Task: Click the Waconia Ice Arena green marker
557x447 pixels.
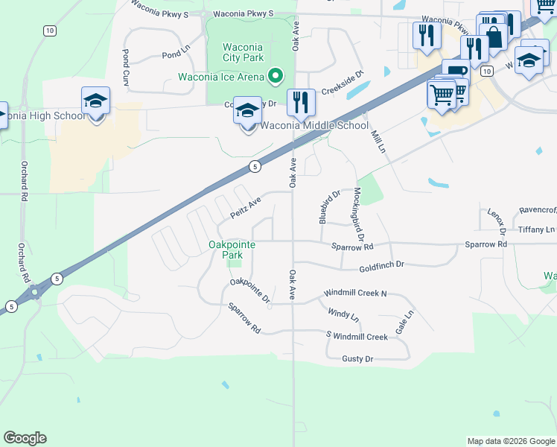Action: [276, 76]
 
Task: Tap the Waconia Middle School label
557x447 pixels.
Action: [314, 125]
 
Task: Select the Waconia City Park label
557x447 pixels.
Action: [243, 52]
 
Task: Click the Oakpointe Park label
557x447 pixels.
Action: [233, 249]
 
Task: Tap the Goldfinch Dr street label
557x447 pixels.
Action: [381, 265]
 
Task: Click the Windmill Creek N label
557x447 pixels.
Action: [355, 294]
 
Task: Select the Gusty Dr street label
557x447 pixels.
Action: [357, 359]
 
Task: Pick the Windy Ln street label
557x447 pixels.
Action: [343, 317]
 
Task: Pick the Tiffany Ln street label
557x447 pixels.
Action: [537, 229]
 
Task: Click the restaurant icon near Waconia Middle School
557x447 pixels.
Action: [300, 104]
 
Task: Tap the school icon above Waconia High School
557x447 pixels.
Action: [96, 101]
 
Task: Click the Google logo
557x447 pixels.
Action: [25, 438]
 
